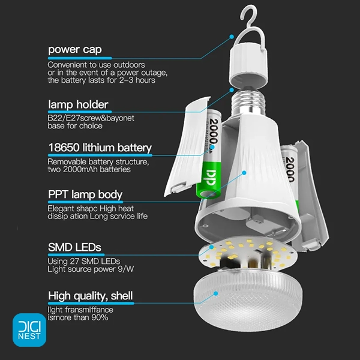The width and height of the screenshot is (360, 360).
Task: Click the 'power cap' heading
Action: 74,50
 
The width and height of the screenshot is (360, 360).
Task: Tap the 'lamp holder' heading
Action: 78,104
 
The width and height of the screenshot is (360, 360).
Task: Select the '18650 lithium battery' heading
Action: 100,148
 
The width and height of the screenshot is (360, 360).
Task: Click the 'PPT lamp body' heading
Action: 85,194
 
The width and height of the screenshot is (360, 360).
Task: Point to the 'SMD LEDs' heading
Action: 74,247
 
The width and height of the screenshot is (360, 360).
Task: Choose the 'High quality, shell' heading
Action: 90,296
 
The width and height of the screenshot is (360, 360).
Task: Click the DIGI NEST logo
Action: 29,330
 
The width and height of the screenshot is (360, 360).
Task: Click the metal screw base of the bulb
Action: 248,101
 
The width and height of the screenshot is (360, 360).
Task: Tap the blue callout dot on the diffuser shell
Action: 215,293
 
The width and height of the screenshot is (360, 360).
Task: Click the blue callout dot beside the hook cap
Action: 232,37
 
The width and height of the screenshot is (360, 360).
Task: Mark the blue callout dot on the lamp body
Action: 244,173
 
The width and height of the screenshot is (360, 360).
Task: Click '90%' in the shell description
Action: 100,317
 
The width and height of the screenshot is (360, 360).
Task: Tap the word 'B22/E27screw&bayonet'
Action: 91,118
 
